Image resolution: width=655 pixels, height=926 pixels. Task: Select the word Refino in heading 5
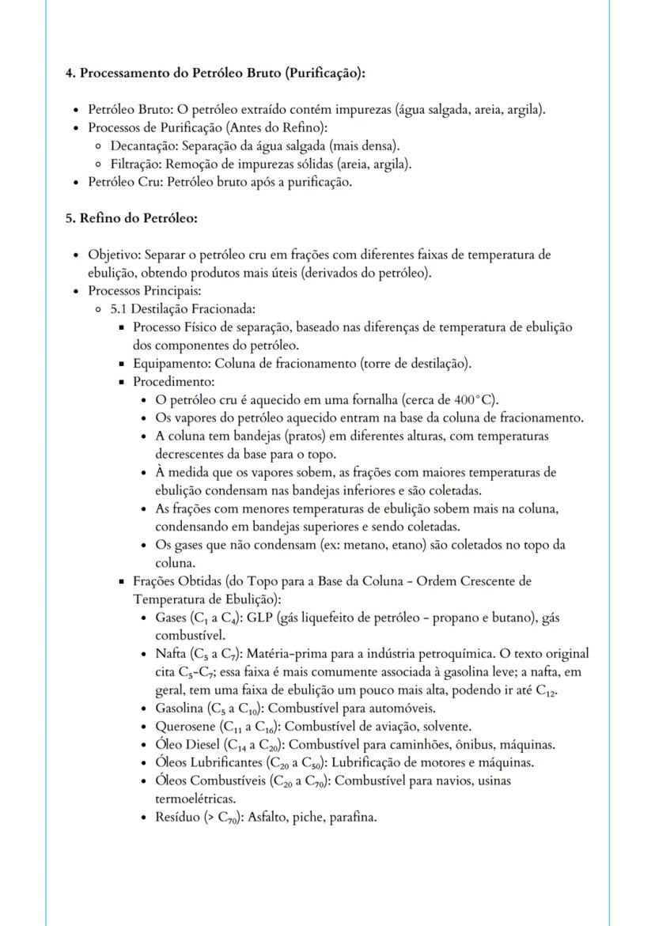100,217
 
